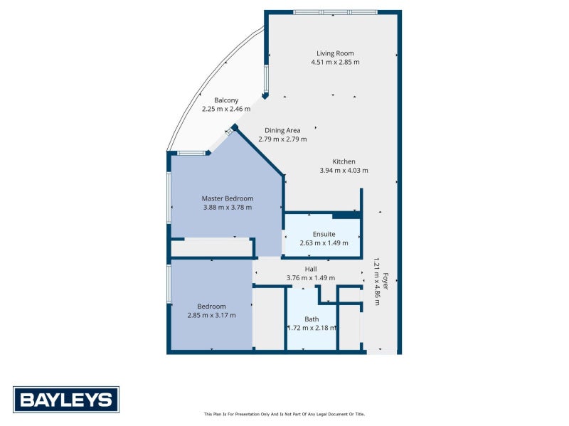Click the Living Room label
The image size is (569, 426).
tap(335, 53)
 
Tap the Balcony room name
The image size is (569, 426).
tap(226, 100)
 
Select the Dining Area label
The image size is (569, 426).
tap(282, 130)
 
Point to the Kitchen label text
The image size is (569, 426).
tap(344, 161)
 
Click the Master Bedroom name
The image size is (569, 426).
tap(228, 198)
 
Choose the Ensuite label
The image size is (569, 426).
tap(324, 234)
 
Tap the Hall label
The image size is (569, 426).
tap(311, 269)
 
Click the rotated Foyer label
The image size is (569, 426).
tap(385, 281)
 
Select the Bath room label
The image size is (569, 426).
tap(312, 319)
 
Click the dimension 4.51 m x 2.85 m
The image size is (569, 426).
tap(335, 62)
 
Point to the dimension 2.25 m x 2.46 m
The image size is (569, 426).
tap(226, 109)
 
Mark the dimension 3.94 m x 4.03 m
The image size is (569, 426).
tap(344, 170)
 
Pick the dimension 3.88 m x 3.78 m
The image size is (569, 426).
tap(228, 207)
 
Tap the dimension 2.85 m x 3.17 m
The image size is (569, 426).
tap(211, 315)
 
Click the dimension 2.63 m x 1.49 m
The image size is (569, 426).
tap(324, 243)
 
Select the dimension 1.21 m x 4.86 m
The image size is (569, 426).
tap(377, 282)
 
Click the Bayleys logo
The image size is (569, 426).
tap(66, 400)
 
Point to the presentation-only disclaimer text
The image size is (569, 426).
tap(284, 414)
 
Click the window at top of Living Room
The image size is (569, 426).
tap(335, 12)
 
